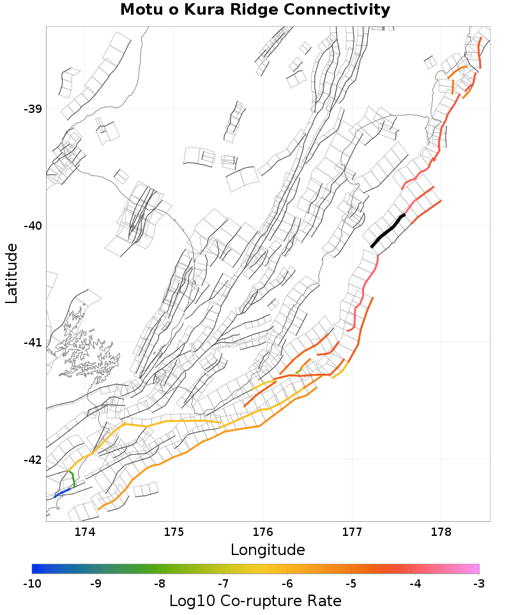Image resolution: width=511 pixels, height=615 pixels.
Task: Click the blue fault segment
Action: click(x=62, y=492)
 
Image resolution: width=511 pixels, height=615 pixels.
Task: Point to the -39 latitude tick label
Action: click(x=33, y=109)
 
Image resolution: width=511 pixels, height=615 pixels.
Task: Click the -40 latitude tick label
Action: click(x=33, y=226)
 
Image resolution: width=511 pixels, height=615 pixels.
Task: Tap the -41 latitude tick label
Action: click(x=33, y=343)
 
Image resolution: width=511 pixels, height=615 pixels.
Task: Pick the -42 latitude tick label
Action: click(x=33, y=460)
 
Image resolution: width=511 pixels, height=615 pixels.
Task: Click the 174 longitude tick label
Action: click(x=85, y=532)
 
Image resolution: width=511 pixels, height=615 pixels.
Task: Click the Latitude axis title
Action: click(x=12, y=273)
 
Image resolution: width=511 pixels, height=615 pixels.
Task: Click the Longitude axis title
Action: click(x=268, y=550)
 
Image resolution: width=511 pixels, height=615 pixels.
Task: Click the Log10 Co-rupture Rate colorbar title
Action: click(x=256, y=601)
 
